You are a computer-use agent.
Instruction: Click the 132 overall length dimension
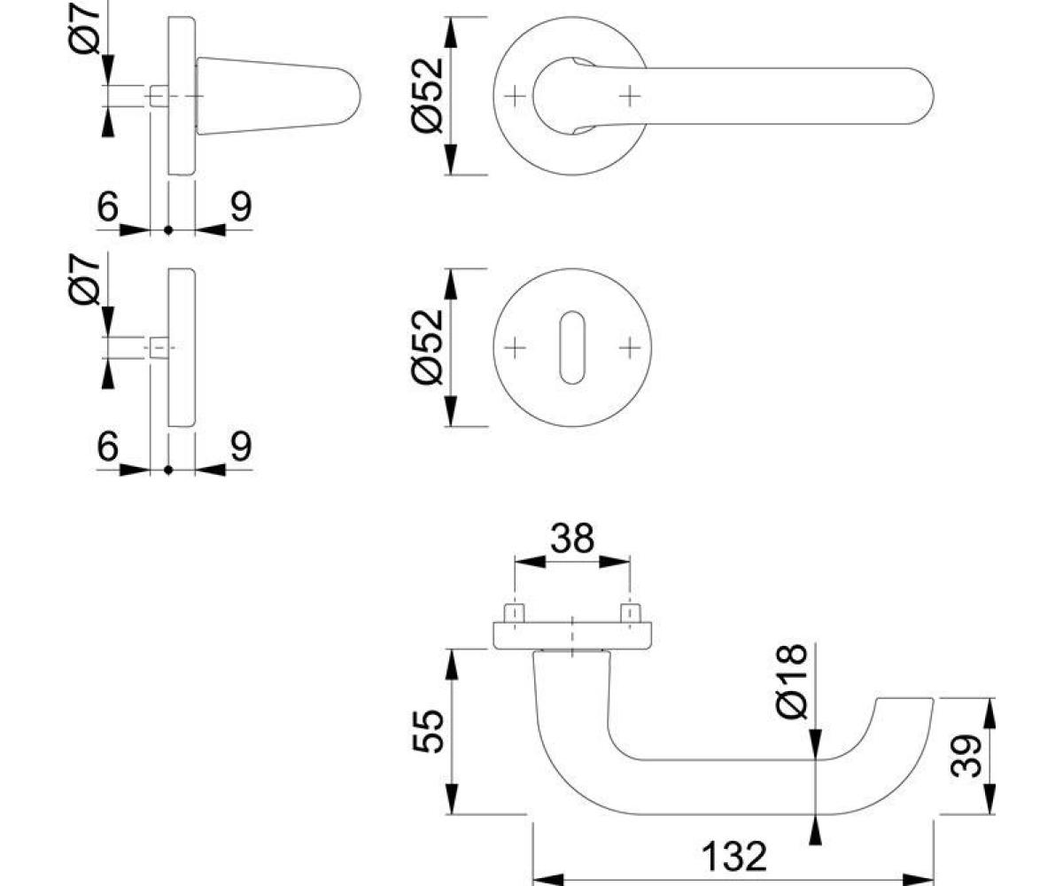(x=733, y=857)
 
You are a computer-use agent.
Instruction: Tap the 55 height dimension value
(x=428, y=731)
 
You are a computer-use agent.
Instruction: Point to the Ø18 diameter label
(x=792, y=682)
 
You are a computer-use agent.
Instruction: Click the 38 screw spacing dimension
(x=572, y=538)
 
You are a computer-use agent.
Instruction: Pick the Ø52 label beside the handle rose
(x=428, y=96)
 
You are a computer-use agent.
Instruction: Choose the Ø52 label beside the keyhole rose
(x=428, y=347)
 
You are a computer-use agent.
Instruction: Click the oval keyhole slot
(x=571, y=347)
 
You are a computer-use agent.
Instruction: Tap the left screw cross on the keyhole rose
(x=515, y=348)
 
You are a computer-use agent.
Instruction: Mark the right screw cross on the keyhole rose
(x=630, y=348)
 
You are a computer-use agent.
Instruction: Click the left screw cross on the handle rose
(x=515, y=96)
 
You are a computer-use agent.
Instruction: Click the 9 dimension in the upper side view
(x=241, y=206)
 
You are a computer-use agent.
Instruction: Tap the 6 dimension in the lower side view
(x=107, y=446)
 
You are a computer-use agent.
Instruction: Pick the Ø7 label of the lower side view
(x=84, y=280)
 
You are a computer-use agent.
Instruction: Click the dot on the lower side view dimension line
(x=168, y=470)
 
